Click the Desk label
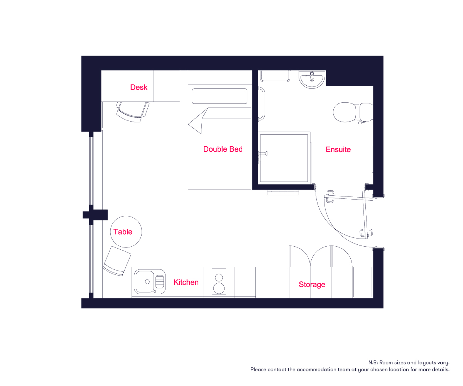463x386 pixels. click(x=139, y=87)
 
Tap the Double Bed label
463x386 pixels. click(x=223, y=149)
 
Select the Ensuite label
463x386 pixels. click(x=338, y=149)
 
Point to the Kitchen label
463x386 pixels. click(x=186, y=282)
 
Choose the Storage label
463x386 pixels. click(x=312, y=284)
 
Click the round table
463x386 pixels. click(x=126, y=232)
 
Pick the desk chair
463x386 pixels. click(x=133, y=112)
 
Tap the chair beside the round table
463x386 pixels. click(x=117, y=261)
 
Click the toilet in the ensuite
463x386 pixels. click(x=353, y=112)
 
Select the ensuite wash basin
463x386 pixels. click(x=312, y=80)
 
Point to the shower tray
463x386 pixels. click(x=284, y=158)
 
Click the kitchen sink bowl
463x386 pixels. click(x=145, y=282)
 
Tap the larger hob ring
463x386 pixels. click(x=219, y=288)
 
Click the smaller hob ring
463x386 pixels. click(x=219, y=277)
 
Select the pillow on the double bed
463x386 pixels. click(x=220, y=96)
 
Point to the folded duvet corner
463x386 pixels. click(x=198, y=121)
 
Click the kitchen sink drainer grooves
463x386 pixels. click(x=160, y=281)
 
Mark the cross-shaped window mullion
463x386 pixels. click(x=95, y=215)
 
